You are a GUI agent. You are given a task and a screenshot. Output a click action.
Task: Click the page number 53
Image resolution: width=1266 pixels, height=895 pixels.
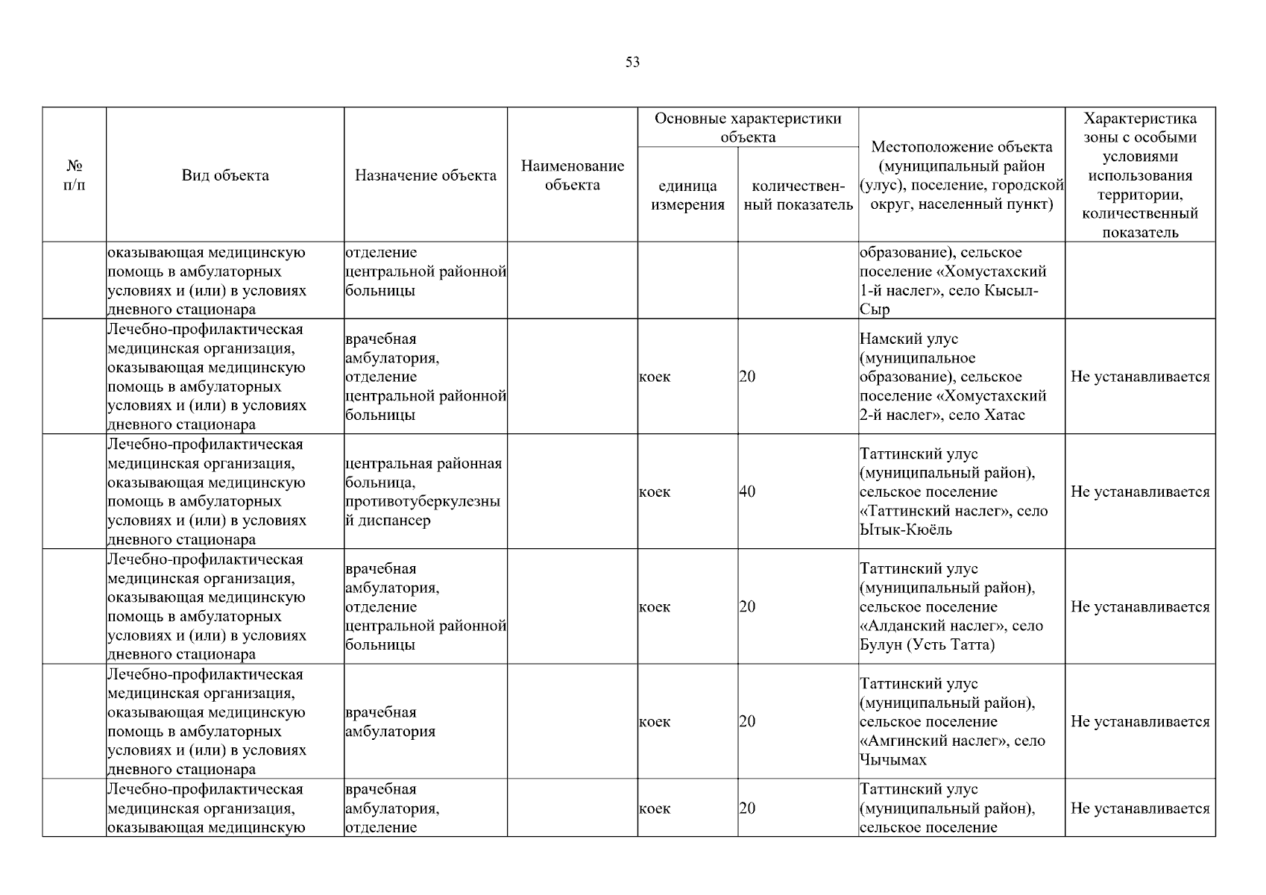point(632,63)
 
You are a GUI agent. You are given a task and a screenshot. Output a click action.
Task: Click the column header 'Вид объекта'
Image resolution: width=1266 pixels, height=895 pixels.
point(225,175)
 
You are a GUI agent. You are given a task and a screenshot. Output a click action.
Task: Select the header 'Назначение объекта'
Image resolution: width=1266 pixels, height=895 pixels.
point(425,175)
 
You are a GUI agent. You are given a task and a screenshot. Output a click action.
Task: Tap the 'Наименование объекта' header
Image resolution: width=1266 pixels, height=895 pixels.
point(572,175)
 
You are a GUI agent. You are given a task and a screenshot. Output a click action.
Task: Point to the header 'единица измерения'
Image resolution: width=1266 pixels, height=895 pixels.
point(687,195)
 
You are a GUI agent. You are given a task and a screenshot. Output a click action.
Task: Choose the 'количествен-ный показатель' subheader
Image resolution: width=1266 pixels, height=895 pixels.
point(798,195)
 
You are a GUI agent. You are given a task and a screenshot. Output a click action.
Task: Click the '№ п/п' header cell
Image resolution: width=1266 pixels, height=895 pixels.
point(75,175)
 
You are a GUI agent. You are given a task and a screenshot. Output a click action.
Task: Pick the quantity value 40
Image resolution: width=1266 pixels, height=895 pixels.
point(747,492)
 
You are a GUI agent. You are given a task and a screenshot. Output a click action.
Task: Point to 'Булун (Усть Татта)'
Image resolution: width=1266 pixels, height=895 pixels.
point(927,645)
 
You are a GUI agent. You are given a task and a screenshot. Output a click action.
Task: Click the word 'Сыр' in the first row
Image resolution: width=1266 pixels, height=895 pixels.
point(875,310)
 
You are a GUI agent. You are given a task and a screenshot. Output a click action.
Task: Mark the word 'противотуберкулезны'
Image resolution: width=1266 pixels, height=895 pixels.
point(423,502)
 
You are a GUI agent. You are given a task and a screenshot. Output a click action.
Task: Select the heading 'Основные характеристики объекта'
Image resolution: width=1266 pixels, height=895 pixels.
point(748,128)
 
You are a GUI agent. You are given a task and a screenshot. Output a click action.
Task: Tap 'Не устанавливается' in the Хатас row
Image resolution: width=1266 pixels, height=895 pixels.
point(1140,377)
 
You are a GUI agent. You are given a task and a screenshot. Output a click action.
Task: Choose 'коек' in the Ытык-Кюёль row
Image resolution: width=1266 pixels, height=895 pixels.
point(655,492)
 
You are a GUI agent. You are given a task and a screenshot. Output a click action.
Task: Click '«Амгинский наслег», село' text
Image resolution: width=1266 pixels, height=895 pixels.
point(952,741)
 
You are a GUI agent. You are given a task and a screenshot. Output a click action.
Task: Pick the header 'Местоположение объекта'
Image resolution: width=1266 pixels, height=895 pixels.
point(962,148)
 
